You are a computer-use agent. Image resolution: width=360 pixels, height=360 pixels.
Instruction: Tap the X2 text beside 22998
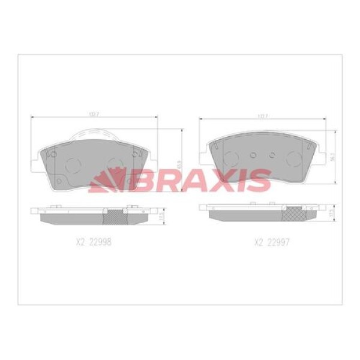pos(82,243)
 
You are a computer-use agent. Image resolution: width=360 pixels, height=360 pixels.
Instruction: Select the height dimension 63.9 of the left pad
pos(178,163)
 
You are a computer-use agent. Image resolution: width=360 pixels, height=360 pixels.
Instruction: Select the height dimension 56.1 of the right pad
pos(334,158)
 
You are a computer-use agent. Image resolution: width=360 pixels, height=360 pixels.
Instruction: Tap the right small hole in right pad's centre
pos(272,154)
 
